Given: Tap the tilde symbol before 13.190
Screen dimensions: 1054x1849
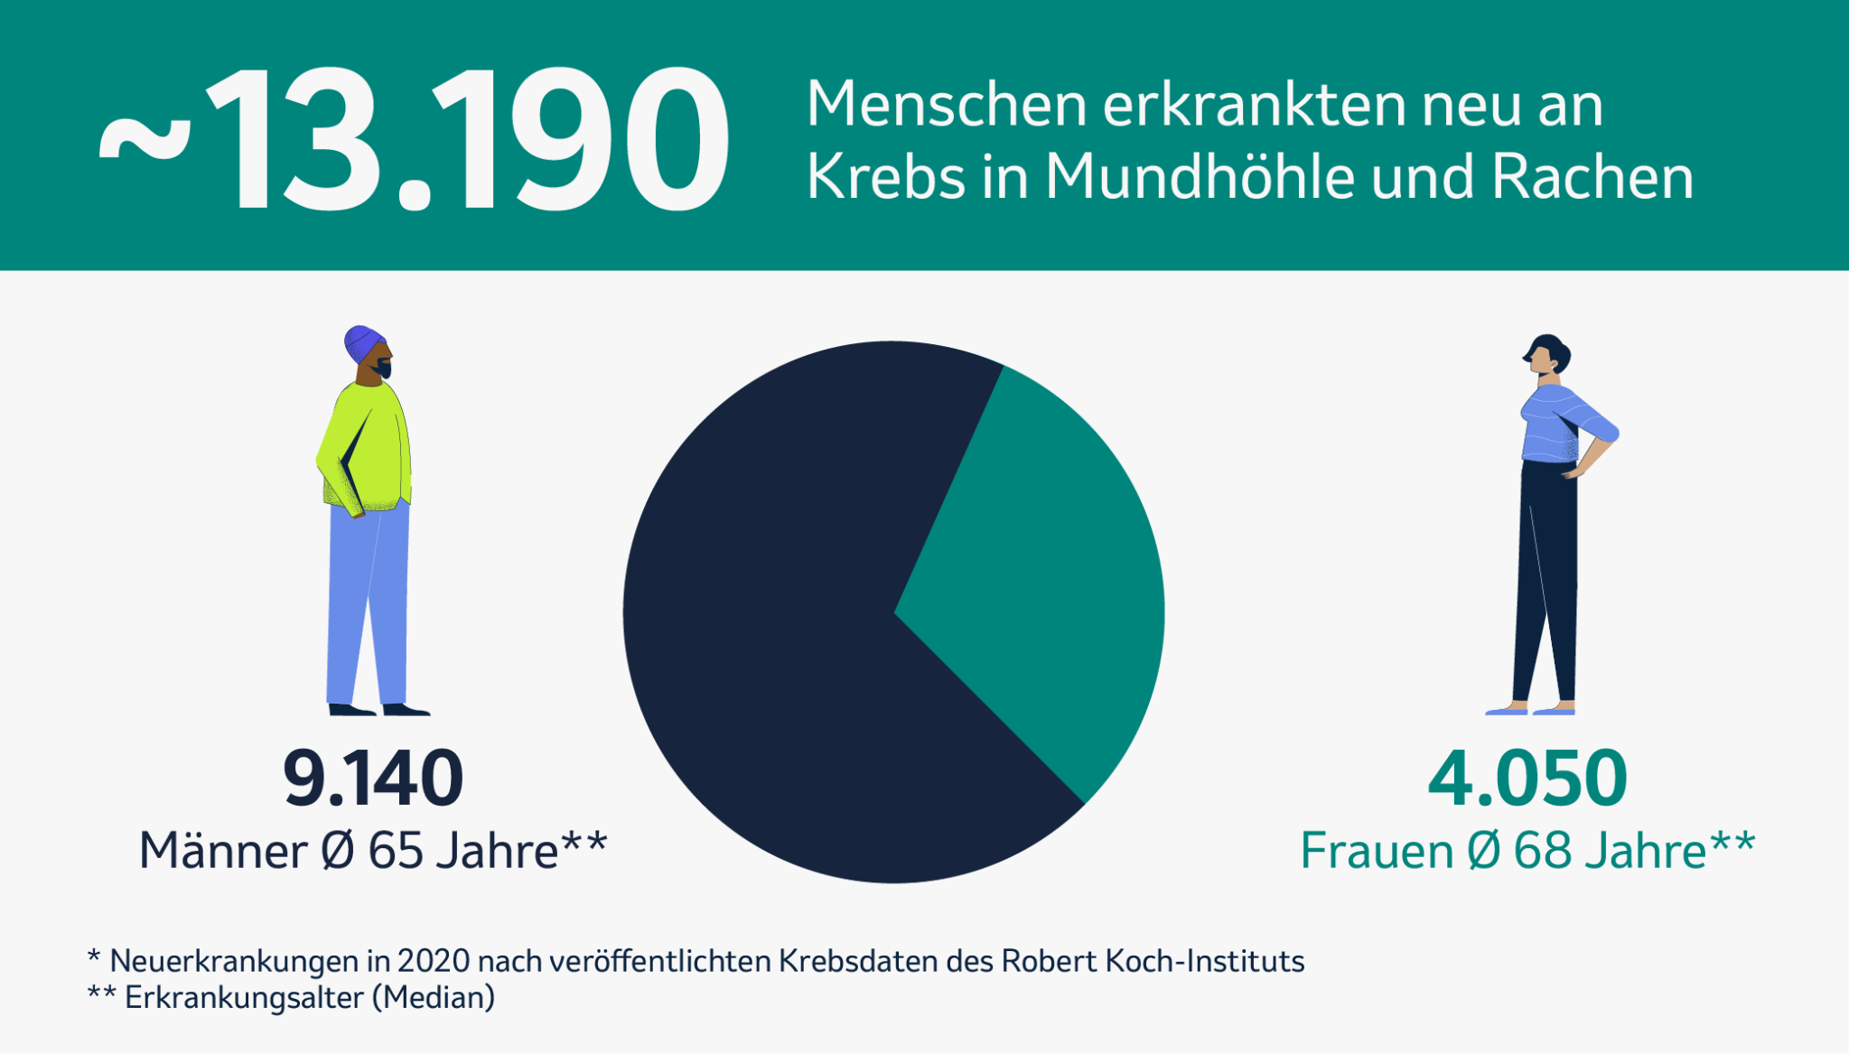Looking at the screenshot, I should pos(145,143).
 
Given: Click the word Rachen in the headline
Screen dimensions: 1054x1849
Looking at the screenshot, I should pos(1592,176).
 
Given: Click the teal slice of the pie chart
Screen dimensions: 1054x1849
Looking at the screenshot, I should pos(1039,578).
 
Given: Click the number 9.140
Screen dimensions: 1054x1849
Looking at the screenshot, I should pos(373,779).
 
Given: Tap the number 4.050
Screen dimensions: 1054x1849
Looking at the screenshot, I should pos(1527,779).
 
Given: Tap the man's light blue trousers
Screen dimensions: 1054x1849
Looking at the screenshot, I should pos(366,605).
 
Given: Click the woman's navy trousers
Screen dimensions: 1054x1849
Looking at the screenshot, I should pos(1547,578).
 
